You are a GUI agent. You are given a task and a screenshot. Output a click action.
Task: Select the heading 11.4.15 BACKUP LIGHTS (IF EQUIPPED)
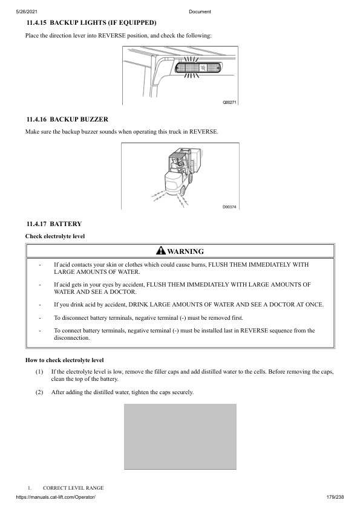click(91, 22)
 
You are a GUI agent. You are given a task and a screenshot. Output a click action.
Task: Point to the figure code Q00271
click(230, 102)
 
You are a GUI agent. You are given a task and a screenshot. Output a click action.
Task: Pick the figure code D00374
click(229, 207)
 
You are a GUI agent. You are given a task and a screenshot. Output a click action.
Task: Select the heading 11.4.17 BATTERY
click(54, 224)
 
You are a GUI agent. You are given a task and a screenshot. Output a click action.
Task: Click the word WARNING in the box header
click(185, 251)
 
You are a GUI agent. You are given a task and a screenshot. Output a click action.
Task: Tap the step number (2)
click(39, 392)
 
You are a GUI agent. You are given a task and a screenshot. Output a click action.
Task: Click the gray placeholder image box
click(180, 436)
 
